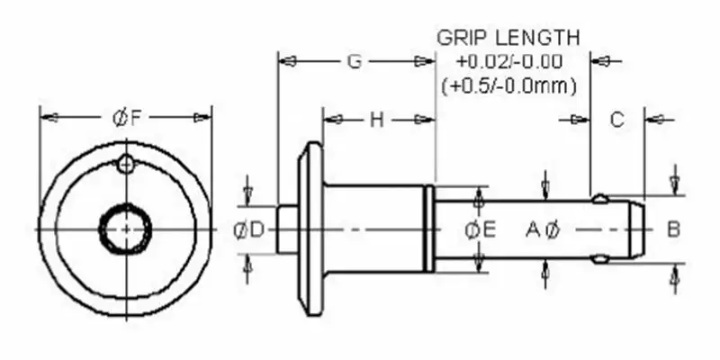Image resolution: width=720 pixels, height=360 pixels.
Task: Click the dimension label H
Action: pos(376,120)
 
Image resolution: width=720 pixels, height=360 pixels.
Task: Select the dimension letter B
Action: pos(673,229)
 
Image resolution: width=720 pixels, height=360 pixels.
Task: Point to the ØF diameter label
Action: pos(124,117)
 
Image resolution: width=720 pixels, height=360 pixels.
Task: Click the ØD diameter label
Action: pos(249,229)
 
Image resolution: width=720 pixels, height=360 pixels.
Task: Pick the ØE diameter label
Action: pos(481,229)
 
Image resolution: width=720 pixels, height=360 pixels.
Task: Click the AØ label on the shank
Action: pos(544,229)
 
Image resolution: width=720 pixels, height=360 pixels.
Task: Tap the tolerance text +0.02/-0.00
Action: pos(508,62)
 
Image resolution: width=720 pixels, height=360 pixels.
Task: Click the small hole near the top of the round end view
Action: pos(127,163)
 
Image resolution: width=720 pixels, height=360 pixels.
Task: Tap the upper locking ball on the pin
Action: pos(599,198)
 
